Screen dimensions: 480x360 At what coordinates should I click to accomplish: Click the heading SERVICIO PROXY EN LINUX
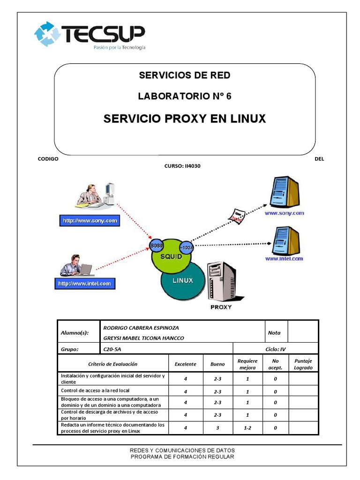[x=184, y=119]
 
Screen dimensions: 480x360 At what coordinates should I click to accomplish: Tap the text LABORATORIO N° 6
[x=184, y=97]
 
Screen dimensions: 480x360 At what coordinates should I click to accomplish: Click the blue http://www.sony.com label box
[x=89, y=220]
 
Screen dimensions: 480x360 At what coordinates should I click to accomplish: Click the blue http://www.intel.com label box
[x=84, y=284]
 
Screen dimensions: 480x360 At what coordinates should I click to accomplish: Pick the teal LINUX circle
[x=183, y=281]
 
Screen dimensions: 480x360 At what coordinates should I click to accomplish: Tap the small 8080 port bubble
[x=156, y=246]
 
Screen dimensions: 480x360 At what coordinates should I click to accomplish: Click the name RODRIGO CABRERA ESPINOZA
[x=141, y=328]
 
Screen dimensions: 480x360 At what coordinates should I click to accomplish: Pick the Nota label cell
[x=274, y=333]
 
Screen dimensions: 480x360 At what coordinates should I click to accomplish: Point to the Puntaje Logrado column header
[x=303, y=364]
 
